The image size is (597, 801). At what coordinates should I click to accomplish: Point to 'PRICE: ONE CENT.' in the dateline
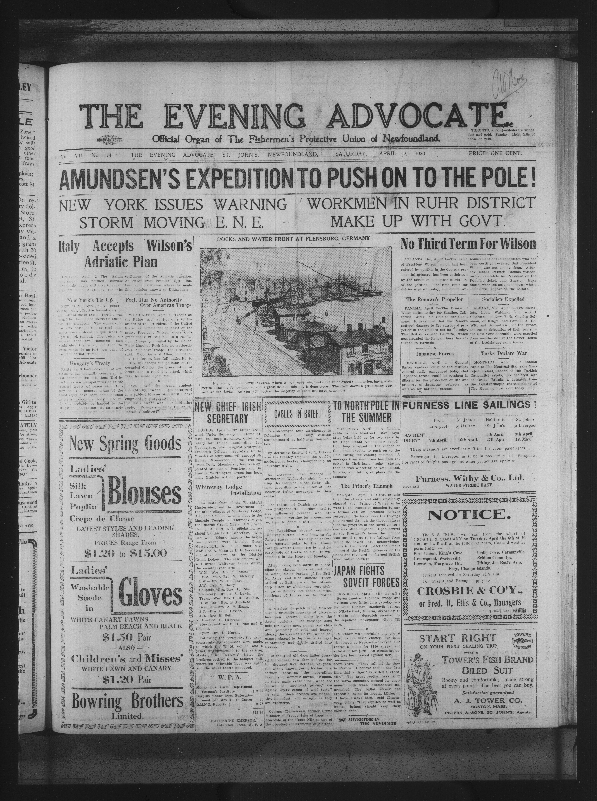[495, 153]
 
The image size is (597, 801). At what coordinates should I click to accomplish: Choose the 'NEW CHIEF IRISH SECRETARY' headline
[228, 412]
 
